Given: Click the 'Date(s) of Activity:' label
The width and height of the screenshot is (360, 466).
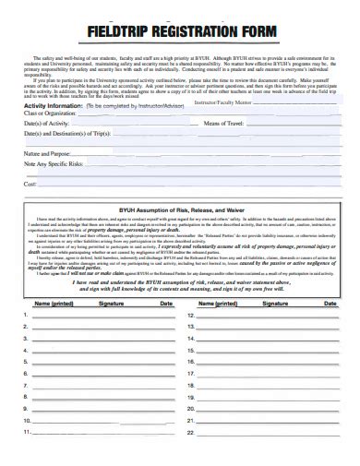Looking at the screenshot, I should click(45, 124).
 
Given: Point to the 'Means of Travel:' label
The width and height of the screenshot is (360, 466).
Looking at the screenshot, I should click(222, 124).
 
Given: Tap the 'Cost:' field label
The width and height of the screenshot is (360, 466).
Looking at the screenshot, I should click(30, 184).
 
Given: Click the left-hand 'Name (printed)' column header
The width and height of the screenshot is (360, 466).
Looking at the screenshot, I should click(54, 303).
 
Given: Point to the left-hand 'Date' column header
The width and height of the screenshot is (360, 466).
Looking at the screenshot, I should click(165, 303).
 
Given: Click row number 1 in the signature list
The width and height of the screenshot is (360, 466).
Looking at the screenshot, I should click(25, 315).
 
